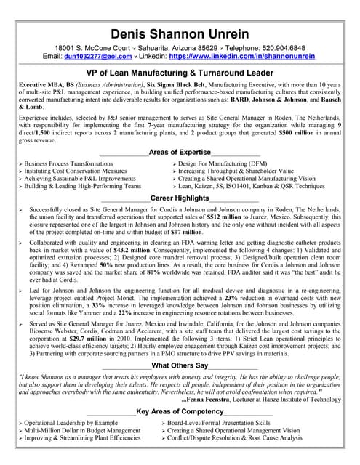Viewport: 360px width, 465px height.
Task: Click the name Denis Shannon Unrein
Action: coord(180,34)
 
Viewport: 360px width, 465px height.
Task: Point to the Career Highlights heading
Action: coord(180,198)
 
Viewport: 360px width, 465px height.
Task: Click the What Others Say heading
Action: coord(180,365)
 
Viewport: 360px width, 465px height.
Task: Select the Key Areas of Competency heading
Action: coord(180,411)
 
